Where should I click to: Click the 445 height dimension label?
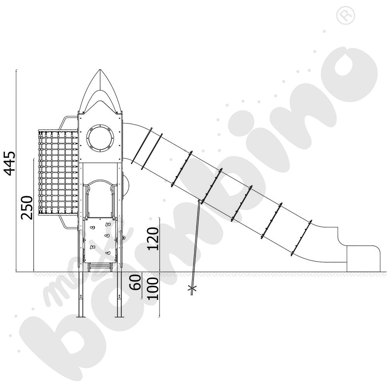(x=10, y=163)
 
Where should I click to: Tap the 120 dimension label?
(x=153, y=239)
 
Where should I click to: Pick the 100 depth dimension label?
(x=153, y=289)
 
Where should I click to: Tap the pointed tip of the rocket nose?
(x=100, y=70)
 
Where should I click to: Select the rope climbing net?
(x=58, y=172)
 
